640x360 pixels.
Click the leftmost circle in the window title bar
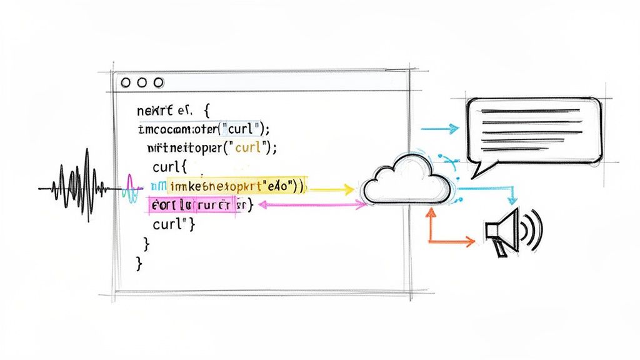point(126,82)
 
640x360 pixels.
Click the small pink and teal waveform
point(133,187)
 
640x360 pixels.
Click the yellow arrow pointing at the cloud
point(331,187)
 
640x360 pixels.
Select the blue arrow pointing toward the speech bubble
point(441,129)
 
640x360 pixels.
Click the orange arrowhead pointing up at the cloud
point(430,212)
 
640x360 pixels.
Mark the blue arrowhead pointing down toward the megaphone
point(512,200)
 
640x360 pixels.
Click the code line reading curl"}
point(174,224)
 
